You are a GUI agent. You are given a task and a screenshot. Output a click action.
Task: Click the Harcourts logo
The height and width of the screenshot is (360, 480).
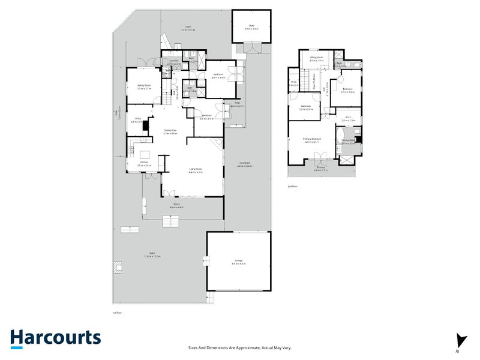coord(55,338)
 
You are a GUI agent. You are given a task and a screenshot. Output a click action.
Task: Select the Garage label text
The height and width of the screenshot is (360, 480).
coord(239,262)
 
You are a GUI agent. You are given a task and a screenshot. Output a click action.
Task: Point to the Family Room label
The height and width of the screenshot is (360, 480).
coord(143,87)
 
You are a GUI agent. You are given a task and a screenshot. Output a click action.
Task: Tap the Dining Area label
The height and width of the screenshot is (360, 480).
coord(170,131)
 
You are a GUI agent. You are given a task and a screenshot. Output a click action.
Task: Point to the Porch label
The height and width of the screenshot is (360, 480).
coord(177,206)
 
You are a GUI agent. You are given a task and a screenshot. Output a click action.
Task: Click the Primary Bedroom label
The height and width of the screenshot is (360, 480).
coord(313,140)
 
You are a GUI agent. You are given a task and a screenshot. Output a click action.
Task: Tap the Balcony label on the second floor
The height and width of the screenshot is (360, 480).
coord(321,169)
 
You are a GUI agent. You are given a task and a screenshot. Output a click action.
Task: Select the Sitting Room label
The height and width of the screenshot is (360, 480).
coord(316,59)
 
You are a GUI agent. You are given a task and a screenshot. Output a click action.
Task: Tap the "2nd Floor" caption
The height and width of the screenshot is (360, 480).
coord(292,187)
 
